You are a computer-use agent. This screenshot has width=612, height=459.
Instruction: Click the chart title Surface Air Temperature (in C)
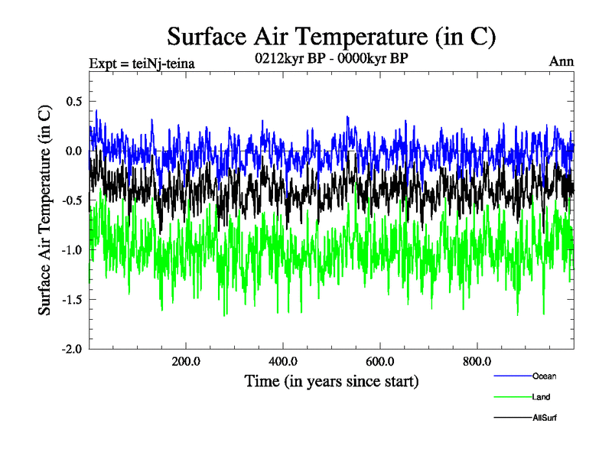click(332, 36)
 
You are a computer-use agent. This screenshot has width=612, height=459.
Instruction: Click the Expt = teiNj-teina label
click(142, 63)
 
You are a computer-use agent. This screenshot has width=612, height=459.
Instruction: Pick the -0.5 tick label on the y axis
click(73, 200)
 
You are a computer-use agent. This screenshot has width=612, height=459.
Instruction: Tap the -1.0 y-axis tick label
click(73, 250)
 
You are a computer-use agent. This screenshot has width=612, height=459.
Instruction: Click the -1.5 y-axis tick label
click(73, 299)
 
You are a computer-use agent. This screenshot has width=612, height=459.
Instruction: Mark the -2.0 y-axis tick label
click(73, 349)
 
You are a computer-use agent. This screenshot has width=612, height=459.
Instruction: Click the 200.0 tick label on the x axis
click(186, 362)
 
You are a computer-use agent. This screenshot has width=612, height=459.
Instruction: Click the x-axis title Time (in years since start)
click(331, 381)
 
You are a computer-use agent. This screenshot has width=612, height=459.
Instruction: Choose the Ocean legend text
click(545, 376)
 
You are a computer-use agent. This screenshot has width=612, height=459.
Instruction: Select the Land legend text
click(541, 397)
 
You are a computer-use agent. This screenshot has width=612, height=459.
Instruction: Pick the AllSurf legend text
click(544, 418)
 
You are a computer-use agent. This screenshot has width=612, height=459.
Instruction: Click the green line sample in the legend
click(513, 397)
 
